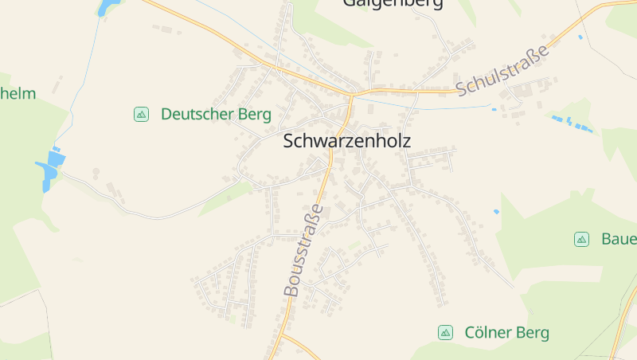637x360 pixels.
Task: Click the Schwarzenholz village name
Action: click(x=346, y=142)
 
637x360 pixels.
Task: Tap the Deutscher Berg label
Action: click(x=216, y=114)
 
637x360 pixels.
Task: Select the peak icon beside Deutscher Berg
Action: click(x=141, y=114)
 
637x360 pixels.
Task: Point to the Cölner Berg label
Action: click(x=506, y=332)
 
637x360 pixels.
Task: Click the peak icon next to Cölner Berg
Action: click(x=445, y=332)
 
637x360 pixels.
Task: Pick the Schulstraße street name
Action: click(x=503, y=69)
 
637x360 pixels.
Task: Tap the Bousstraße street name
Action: click(x=304, y=250)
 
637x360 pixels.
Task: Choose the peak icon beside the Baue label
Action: click(x=581, y=239)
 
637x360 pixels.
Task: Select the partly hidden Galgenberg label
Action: click(x=393, y=3)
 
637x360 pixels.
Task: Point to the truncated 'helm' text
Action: click(x=18, y=93)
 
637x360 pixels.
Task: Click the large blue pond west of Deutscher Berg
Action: click(x=49, y=170)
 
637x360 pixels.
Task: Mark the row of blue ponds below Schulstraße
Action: click(x=572, y=123)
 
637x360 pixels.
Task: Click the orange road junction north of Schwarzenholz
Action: click(x=351, y=94)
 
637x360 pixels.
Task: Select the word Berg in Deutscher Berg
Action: click(x=254, y=114)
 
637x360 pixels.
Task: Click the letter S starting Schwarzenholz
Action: click(x=289, y=142)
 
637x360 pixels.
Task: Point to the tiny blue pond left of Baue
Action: click(x=497, y=212)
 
